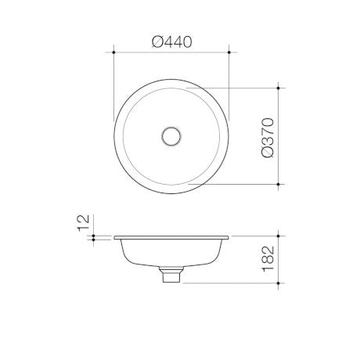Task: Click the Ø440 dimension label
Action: [x=172, y=42]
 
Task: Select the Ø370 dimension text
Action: [x=268, y=138]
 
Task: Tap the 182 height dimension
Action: [x=268, y=259]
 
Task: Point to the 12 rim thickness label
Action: [x=84, y=223]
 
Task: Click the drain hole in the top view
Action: [x=171, y=136]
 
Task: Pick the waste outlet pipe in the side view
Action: [x=171, y=275]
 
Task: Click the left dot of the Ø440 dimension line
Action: [x=113, y=52]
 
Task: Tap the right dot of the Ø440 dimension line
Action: [x=229, y=52]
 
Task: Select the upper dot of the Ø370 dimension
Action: [x=279, y=88]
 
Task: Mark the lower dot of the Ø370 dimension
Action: [x=279, y=184]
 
